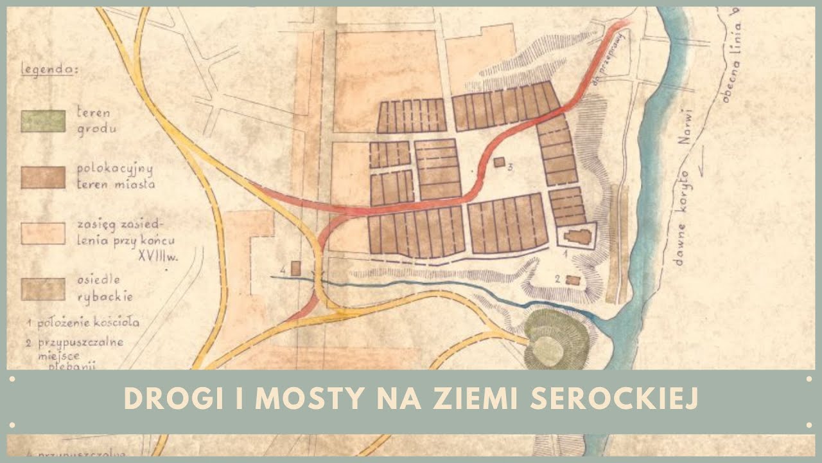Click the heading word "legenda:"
tap(49, 69)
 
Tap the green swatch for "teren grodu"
tap(43, 121)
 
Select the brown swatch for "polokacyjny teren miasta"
tap(43, 177)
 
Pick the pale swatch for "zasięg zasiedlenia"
tap(43, 233)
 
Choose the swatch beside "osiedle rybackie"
tap(43, 289)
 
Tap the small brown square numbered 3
tap(499, 162)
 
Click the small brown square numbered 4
tap(295, 268)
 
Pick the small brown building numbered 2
tap(572, 280)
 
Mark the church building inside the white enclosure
tap(577, 236)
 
